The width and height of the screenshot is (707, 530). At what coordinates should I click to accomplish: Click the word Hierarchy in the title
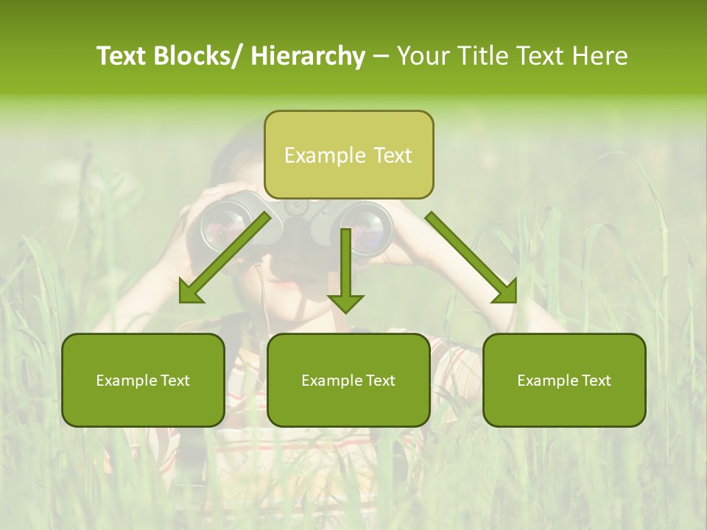(x=308, y=56)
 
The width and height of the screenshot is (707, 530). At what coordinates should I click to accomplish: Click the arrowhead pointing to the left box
(x=190, y=294)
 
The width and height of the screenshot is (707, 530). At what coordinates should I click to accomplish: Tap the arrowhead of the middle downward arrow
(x=345, y=302)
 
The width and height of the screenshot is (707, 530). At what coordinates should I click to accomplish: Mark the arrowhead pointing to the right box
(x=505, y=292)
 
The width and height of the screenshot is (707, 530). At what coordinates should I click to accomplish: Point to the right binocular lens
(x=367, y=227)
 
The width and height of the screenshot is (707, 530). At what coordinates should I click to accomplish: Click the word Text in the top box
(x=393, y=155)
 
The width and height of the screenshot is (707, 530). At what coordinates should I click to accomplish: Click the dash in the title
(x=381, y=56)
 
